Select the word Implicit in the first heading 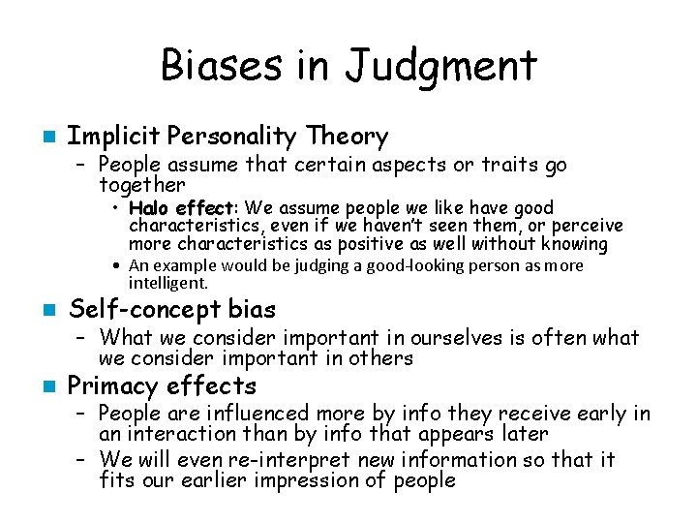(x=104, y=137)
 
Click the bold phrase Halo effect (x=181, y=208)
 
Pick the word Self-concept (x=135, y=310)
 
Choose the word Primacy (x=112, y=386)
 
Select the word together (x=141, y=184)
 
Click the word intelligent (x=167, y=283)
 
